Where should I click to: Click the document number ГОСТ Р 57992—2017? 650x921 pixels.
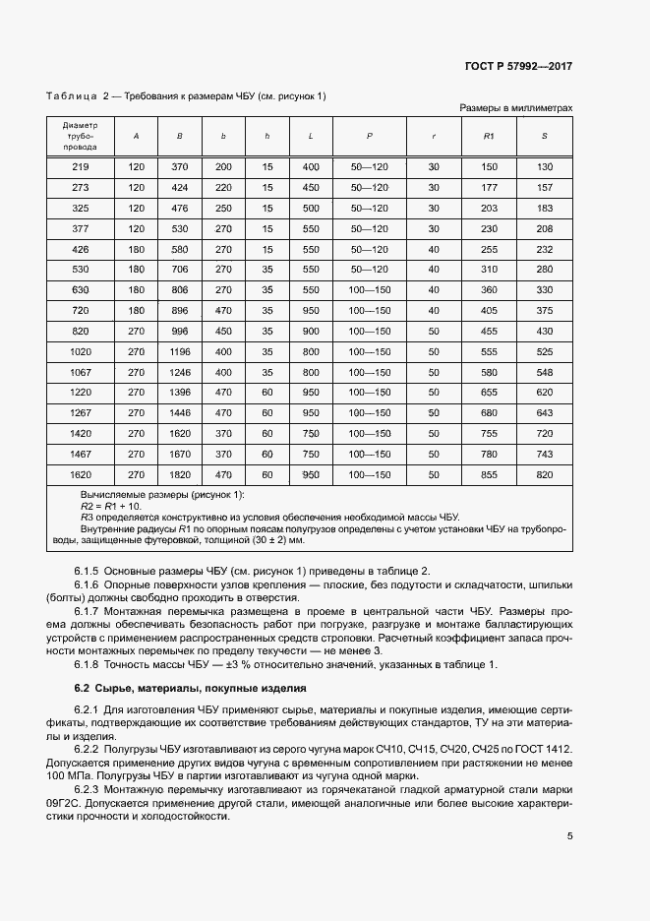518,67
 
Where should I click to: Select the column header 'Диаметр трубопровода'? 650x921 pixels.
80,136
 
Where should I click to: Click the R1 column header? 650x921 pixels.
489,136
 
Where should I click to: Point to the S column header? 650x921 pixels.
544,136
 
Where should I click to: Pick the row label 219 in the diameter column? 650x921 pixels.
80,167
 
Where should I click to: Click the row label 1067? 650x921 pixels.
80,372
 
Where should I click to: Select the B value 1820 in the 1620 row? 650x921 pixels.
179,474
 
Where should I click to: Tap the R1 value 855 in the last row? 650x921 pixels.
489,474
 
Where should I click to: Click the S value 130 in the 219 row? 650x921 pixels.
544,167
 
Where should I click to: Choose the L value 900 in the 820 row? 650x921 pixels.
312,331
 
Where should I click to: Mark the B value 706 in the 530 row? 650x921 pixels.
179,269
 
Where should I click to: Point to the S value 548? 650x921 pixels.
544,372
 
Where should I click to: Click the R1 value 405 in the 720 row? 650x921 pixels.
489,310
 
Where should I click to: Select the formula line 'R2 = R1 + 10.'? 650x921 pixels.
111,505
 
